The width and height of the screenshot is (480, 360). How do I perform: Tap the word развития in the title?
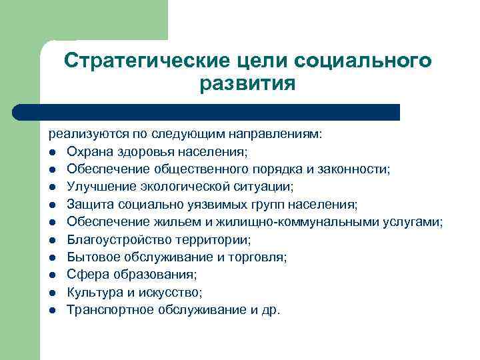(x=247, y=84)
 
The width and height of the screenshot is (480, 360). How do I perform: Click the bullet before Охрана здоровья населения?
(x=52, y=152)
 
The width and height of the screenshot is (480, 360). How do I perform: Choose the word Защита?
(x=88, y=204)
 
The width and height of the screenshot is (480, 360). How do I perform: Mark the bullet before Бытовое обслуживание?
(x=52, y=257)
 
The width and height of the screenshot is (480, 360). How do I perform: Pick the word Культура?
(x=93, y=292)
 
